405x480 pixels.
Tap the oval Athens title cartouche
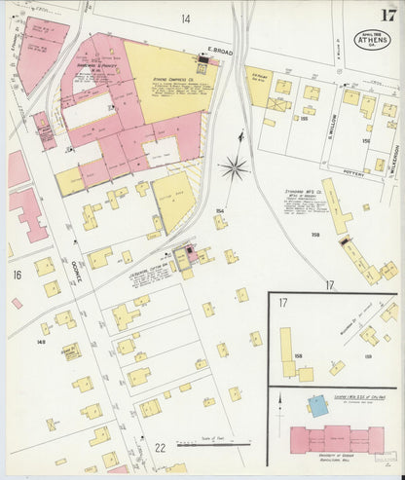tap(371, 40)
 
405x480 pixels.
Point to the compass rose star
tap(234, 168)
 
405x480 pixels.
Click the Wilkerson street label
tap(394, 156)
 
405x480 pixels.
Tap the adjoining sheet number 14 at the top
tap(184, 18)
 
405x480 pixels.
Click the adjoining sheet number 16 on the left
tap(17, 276)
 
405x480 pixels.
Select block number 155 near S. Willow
tap(304, 118)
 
